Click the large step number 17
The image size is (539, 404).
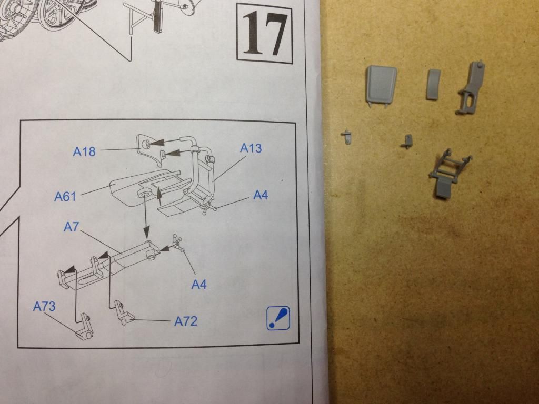[265, 34]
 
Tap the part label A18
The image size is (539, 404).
[84, 151]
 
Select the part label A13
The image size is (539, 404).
[251, 148]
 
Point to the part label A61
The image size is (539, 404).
[65, 197]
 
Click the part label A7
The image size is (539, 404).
[71, 227]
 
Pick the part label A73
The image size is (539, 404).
[44, 307]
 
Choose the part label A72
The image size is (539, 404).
[186, 321]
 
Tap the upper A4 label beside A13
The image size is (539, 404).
[260, 195]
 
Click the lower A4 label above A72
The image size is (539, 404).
[198, 285]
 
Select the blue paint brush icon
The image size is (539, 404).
[278, 318]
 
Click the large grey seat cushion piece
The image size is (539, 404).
[381, 86]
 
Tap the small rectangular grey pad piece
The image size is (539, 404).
[433, 85]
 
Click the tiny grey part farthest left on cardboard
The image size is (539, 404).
[346, 137]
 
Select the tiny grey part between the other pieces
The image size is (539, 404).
[407, 141]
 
